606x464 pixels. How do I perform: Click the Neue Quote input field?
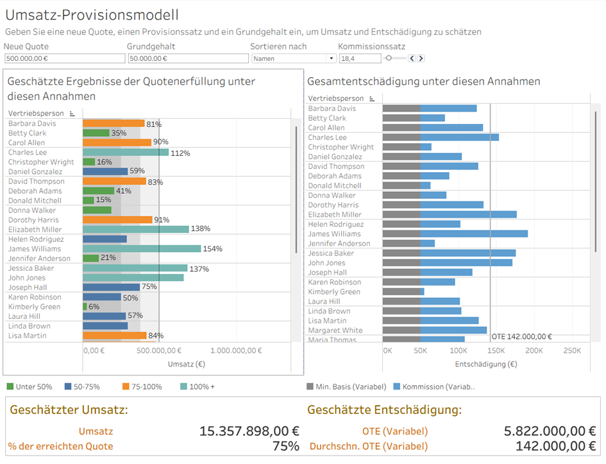click(64, 58)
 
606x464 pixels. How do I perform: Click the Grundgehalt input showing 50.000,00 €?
click(187, 58)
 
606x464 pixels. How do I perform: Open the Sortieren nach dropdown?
click(294, 58)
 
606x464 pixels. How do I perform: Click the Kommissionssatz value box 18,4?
click(359, 58)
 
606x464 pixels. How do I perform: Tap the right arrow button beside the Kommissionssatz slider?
click(421, 58)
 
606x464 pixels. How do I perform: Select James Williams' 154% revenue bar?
click(142, 249)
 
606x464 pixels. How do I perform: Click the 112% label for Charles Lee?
click(181, 153)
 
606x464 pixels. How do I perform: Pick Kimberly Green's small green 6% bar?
click(85, 307)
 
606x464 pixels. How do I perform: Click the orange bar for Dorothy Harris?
click(117, 220)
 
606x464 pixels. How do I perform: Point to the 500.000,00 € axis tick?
click(159, 350)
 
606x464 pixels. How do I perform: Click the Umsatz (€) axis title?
click(186, 364)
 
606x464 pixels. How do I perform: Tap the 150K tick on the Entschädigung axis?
click(496, 351)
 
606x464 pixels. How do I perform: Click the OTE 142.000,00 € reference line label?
click(521, 336)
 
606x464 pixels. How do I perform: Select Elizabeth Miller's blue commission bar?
click(468, 214)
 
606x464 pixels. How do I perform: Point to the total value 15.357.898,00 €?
click(249, 431)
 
